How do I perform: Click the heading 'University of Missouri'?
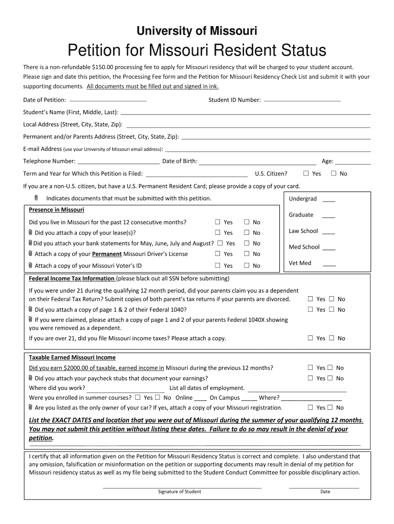[196, 32]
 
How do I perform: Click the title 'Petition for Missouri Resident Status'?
[196, 51]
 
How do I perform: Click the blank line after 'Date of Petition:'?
[107, 100]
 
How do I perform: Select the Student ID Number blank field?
[301, 100]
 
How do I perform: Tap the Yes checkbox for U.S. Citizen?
[306, 173]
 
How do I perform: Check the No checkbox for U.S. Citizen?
[334, 173]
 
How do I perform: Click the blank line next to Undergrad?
[329, 200]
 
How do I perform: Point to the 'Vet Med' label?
[300, 263]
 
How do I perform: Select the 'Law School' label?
[303, 231]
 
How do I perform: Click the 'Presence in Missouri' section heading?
[56, 210]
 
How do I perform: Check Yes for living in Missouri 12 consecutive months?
[217, 222]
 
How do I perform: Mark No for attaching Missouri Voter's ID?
[246, 265]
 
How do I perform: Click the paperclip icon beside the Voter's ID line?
[31, 265]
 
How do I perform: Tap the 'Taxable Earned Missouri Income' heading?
[72, 357]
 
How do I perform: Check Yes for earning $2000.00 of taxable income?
[310, 367]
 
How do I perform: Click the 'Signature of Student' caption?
[179, 492]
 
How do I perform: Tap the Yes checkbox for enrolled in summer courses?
[137, 397]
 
